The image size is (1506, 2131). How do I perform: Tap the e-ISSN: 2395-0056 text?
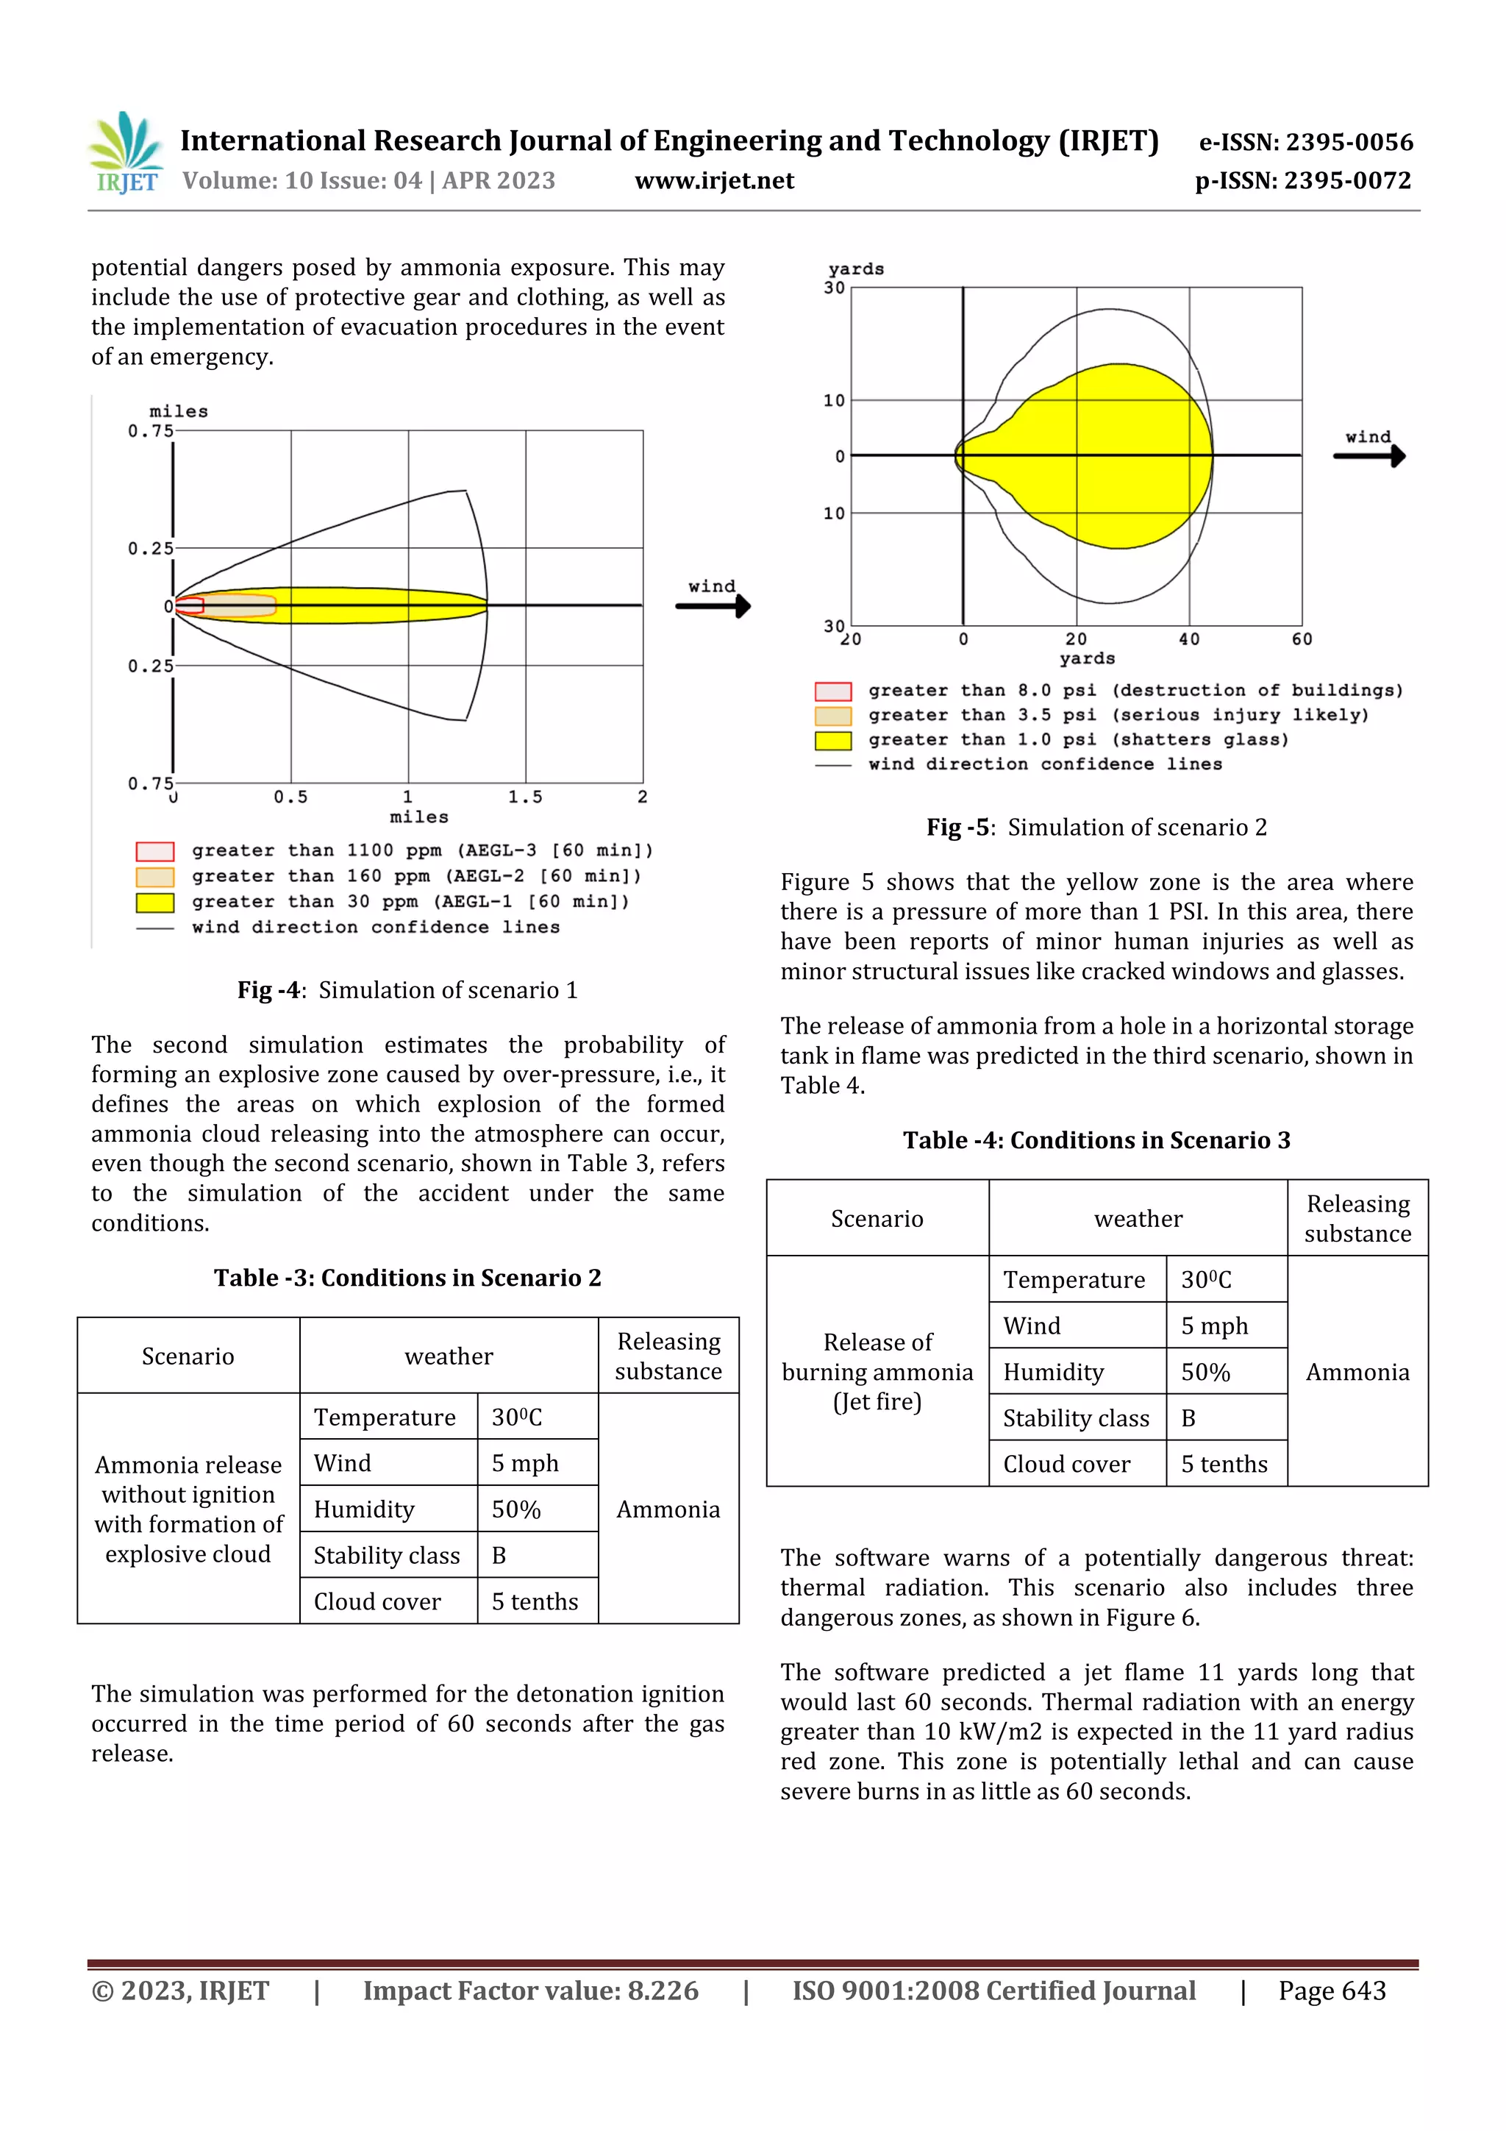coord(1305,142)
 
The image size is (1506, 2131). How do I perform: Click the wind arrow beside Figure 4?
coord(713,605)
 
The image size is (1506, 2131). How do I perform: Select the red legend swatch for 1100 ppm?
coord(155,851)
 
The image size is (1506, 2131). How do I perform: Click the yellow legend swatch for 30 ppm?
coord(155,902)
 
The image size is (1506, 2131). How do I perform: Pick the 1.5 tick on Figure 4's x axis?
coord(525,797)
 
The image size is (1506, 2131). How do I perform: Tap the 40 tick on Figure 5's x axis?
coord(1188,638)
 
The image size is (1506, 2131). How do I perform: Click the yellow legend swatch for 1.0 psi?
coord(832,741)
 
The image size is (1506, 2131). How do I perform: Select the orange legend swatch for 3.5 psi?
coord(832,716)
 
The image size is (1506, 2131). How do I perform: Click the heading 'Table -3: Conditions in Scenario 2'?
coord(407,1278)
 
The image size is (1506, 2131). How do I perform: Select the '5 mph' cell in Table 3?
coord(525,1464)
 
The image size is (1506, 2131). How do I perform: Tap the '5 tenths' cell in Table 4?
coord(1224,1465)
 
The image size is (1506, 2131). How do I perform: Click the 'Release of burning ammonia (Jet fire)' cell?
coord(877,1372)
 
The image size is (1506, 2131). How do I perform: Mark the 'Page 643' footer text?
coord(1332,1991)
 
